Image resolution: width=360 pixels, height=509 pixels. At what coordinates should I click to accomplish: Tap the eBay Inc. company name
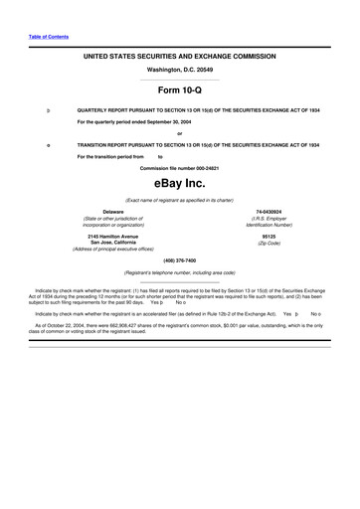pyautogui.click(x=179, y=184)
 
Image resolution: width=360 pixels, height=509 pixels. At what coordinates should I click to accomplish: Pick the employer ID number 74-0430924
pyautogui.click(x=269, y=212)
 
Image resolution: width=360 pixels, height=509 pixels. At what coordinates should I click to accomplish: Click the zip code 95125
pyautogui.click(x=269, y=236)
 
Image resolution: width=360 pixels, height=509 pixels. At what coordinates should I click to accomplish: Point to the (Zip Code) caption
pyautogui.click(x=269, y=243)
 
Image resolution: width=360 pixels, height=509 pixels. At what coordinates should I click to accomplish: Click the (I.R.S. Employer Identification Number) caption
pyautogui.click(x=269, y=222)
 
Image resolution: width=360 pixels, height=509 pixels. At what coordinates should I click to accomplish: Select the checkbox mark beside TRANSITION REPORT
pyautogui.click(x=36, y=145)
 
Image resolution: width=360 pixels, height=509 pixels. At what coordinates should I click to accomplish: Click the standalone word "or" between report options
pyautogui.click(x=179, y=133)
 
